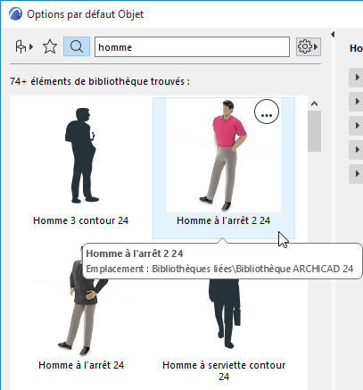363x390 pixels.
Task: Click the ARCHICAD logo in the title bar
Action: [12, 14]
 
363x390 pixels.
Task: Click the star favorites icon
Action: [50, 46]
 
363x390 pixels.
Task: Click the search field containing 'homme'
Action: [192, 46]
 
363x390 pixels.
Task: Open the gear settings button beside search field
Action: [309, 46]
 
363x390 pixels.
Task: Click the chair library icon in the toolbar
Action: [24, 46]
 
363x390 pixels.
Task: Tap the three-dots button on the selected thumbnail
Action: [267, 112]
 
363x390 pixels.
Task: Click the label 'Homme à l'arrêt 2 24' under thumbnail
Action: [223, 220]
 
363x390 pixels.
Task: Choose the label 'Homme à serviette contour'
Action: [224, 365]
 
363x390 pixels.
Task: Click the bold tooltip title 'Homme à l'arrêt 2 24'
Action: [136, 253]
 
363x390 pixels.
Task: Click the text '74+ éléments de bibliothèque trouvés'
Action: [99, 81]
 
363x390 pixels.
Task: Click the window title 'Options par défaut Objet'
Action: [86, 14]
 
